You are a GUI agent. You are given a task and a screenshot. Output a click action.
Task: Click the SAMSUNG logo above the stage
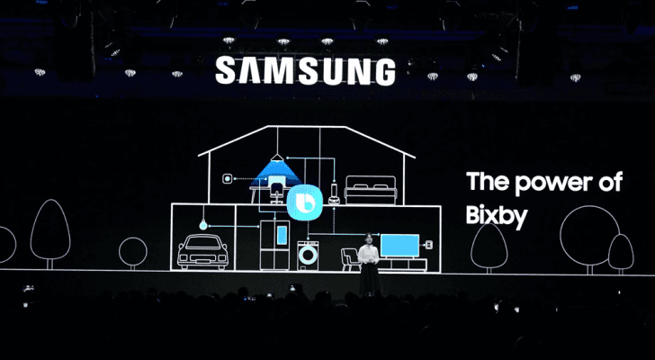[x=305, y=71]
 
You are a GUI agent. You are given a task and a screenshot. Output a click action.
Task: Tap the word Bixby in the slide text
[x=497, y=215]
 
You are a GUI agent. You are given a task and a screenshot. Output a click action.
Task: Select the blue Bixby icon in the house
[x=304, y=202]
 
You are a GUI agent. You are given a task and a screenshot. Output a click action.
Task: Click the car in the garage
[x=203, y=251]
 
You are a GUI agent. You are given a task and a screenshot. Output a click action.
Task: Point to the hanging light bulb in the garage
[x=203, y=225]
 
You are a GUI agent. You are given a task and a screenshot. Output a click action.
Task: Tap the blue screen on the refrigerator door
[x=283, y=235]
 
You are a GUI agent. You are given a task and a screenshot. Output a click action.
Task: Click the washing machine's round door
[x=309, y=255]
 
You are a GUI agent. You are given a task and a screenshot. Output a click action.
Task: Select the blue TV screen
[x=399, y=246]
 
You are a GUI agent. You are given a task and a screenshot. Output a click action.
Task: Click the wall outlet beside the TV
[x=428, y=244]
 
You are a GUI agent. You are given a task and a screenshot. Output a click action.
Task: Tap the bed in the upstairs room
[x=371, y=190]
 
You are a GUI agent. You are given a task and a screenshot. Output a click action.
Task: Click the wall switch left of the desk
[x=227, y=179]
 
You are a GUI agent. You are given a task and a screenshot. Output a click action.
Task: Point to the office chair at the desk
[x=276, y=190]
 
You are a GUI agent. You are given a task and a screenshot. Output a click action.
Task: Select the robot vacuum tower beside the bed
[x=334, y=192]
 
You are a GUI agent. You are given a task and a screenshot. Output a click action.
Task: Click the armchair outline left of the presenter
[x=349, y=258]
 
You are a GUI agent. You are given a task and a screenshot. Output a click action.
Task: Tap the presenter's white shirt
[x=368, y=255]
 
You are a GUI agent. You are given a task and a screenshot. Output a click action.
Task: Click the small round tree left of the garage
[x=133, y=251]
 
